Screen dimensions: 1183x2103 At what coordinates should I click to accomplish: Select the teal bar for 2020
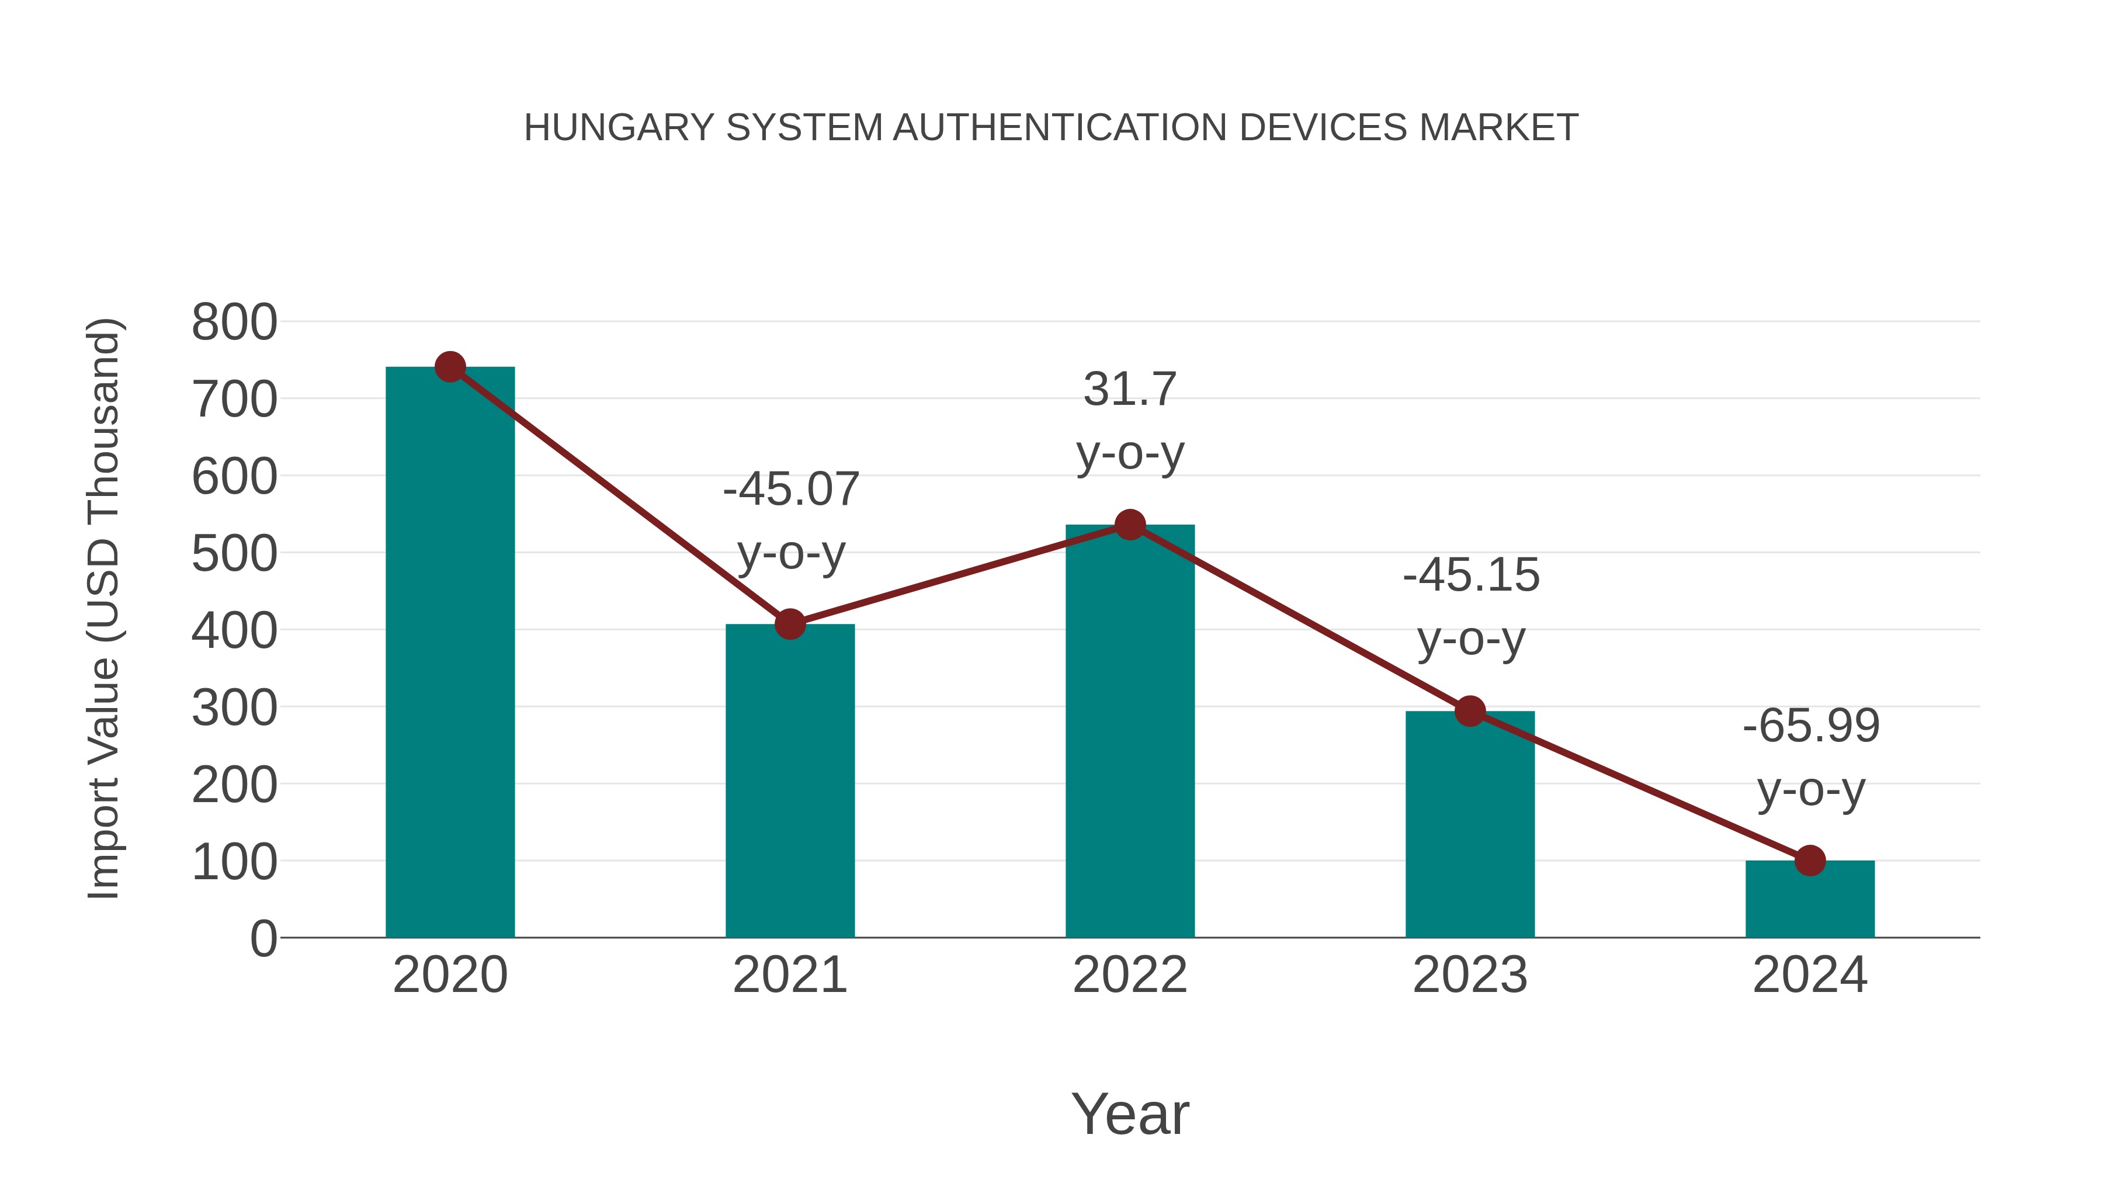coord(450,653)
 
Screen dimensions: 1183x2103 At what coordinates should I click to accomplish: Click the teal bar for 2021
coord(789,780)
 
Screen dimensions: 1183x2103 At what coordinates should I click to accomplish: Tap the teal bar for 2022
coord(1130,731)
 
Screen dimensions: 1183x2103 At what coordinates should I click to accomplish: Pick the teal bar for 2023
coord(1470,824)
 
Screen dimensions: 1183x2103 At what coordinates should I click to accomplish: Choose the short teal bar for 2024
coord(1810,899)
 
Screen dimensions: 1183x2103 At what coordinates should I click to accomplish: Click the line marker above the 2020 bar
coord(450,367)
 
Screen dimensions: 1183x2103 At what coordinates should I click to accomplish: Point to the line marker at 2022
coord(1130,525)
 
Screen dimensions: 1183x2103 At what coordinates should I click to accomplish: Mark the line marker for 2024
coord(1810,861)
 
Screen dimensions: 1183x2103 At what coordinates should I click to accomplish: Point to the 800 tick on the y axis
coord(234,322)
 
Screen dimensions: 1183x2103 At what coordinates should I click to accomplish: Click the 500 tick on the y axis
coord(234,554)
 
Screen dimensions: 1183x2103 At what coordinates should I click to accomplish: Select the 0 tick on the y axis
coord(263,938)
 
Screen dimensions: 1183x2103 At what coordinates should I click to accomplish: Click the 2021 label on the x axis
coord(789,975)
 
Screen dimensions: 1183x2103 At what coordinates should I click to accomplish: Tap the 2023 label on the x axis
coord(1470,975)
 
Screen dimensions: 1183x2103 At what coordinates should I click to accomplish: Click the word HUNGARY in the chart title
coord(618,128)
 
